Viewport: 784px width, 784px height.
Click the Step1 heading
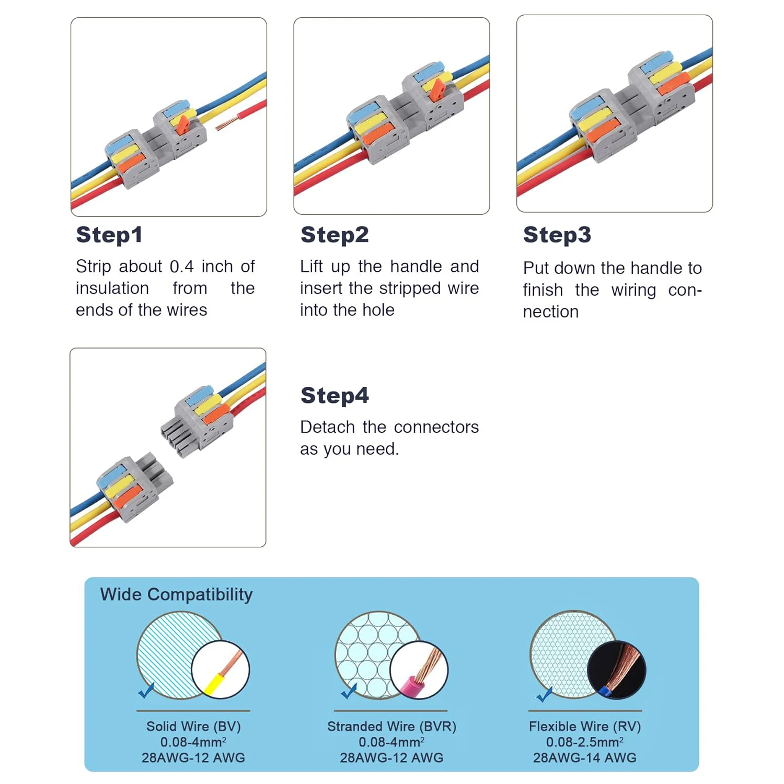point(109,235)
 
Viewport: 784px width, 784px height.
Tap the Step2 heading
point(335,235)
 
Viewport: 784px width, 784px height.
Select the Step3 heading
point(557,235)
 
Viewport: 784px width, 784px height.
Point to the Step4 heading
point(335,395)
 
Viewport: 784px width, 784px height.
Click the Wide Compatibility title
point(177,595)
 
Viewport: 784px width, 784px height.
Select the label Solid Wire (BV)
point(193,727)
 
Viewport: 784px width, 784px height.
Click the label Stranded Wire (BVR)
point(391,727)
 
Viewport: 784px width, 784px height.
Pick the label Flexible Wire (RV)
point(585,727)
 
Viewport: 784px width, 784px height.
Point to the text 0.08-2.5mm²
point(585,742)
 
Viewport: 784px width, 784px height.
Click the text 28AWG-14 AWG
point(585,757)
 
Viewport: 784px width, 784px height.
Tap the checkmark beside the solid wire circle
point(146,690)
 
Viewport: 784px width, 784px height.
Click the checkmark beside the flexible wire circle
point(545,694)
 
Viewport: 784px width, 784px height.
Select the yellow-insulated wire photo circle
point(221,670)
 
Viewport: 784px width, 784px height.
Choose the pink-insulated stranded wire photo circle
point(419,670)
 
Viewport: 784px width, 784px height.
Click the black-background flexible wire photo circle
point(617,670)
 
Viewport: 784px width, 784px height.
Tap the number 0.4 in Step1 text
point(182,267)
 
